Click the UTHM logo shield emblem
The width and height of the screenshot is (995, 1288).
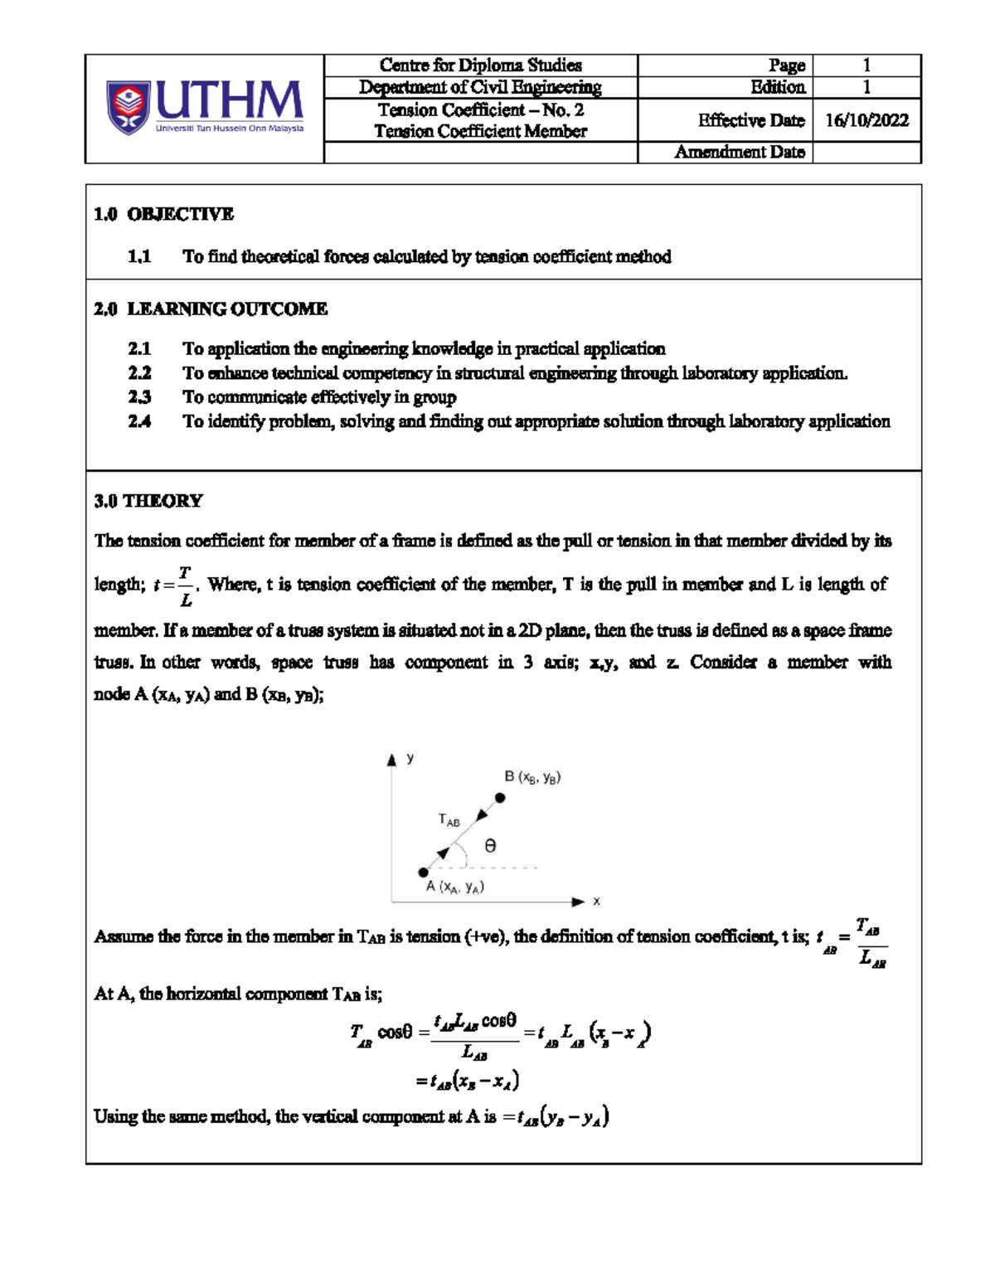[128, 108]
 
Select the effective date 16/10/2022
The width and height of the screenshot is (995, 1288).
[866, 120]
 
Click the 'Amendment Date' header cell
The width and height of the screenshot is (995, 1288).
[739, 152]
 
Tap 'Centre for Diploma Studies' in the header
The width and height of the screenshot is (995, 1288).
[480, 66]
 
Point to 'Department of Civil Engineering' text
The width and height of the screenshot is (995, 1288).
[480, 87]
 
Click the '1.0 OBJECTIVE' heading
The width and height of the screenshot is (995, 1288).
[163, 214]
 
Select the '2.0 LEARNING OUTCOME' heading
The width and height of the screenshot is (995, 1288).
[211, 309]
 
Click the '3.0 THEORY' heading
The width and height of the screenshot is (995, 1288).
[148, 501]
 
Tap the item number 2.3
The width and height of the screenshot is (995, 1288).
[139, 397]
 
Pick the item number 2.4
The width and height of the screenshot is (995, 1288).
[139, 421]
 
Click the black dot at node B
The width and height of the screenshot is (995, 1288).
[500, 798]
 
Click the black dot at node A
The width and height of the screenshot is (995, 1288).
[424, 872]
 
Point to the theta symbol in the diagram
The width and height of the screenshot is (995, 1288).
[490, 846]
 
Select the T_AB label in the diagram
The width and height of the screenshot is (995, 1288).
[449, 820]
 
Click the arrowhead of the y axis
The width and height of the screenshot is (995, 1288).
[392, 760]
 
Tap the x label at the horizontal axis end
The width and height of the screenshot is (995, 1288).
[596, 902]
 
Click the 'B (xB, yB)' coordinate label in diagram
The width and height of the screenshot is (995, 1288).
[532, 777]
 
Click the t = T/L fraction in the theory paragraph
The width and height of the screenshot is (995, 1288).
[174, 586]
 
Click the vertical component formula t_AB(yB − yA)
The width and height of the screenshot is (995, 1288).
[561, 1117]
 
